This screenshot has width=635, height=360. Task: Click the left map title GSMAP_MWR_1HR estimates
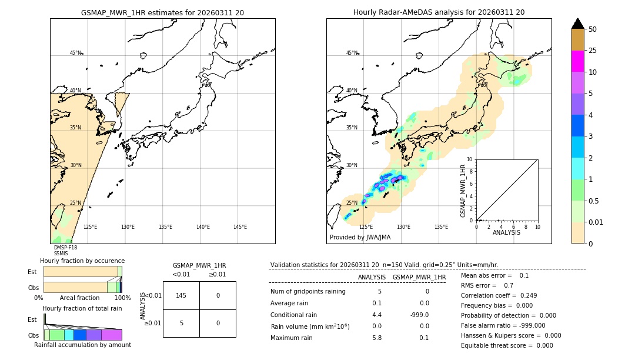coord(162,12)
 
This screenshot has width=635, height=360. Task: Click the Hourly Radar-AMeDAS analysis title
coord(439,12)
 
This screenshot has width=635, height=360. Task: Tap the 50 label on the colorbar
coord(593,29)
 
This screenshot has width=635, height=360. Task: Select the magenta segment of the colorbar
coord(577,61)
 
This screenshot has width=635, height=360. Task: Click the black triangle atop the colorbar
coord(577,24)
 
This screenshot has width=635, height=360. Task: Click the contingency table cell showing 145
coord(181,295)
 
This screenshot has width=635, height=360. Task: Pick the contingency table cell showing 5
coord(181,323)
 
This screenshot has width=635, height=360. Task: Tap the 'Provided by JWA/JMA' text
coord(360,238)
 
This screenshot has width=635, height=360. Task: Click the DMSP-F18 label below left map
coord(65,248)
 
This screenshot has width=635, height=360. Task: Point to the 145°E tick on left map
coord(240,227)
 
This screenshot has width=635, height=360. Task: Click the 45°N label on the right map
coord(352,53)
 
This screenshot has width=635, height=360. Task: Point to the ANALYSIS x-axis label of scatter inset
coord(506,232)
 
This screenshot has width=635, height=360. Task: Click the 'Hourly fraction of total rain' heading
coord(82,308)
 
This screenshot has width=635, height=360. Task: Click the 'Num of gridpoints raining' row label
coord(308,292)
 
